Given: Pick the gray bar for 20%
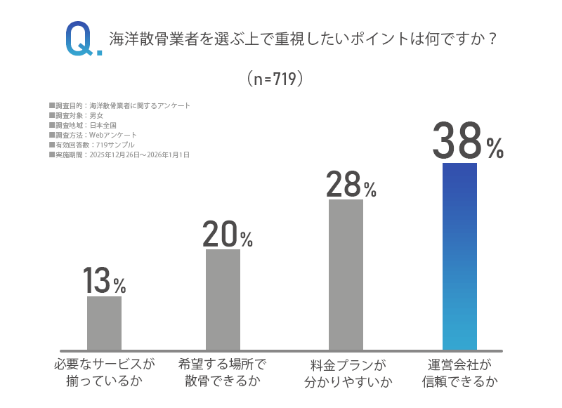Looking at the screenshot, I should pos(223,299).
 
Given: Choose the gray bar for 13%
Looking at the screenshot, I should pos(104,322).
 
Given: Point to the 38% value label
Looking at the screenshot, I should pos(467,142).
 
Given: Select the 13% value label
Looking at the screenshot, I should pos(104,282).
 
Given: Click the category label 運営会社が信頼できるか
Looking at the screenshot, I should pos(459,374).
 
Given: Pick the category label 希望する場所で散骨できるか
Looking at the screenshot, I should pos(223,374).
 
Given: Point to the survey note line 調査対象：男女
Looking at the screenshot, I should pos(77,115).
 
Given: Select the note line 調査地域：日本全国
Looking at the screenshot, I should pos(82,125).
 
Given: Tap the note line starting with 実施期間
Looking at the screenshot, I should pos(119,154).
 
